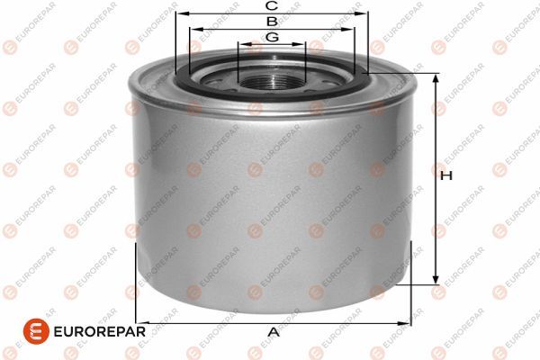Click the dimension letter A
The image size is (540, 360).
[x=274, y=332]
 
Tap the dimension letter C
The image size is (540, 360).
[x=270, y=5]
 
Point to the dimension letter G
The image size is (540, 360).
[x=271, y=36]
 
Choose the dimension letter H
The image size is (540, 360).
[x=444, y=177]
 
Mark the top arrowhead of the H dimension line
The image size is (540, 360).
[x=436, y=78]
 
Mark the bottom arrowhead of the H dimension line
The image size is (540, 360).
[x=436, y=279]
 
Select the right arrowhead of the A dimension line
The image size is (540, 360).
[x=406, y=320]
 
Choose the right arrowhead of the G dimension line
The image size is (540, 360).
[x=302, y=43]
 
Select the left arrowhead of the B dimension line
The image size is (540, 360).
[x=193, y=28]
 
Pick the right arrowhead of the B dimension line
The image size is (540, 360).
[x=350, y=28]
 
